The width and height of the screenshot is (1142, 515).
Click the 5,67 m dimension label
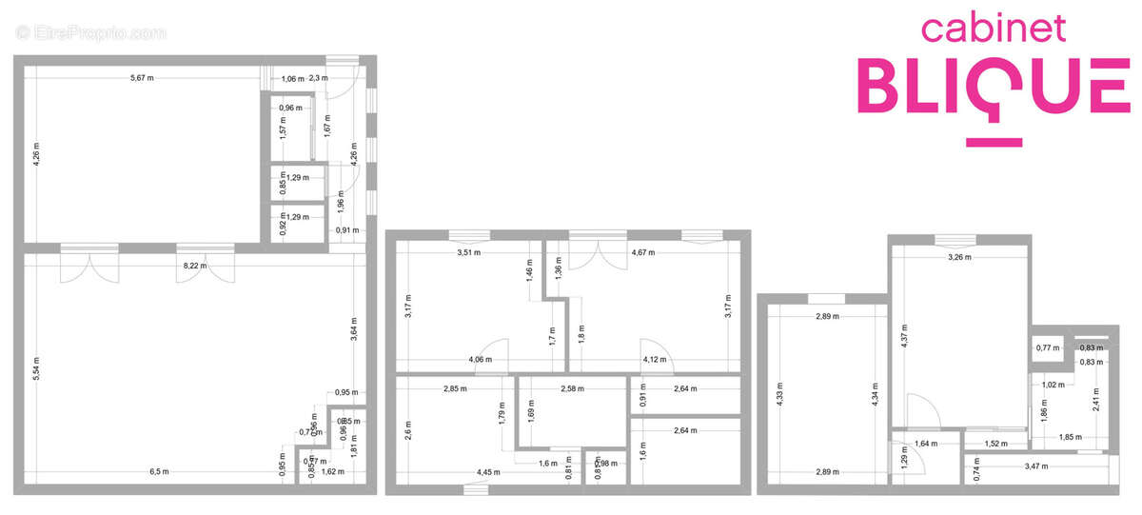(142, 78)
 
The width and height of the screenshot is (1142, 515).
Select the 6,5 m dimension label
(159, 471)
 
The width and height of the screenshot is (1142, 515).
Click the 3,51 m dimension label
(468, 253)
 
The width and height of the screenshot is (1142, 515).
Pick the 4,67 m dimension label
(644, 253)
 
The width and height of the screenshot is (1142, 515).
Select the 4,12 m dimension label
(656, 360)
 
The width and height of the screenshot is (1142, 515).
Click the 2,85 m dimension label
(456, 388)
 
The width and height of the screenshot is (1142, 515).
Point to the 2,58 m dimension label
(573, 388)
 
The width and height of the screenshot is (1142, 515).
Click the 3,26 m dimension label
(960, 257)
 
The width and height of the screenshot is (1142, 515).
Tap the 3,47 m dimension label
(1036, 465)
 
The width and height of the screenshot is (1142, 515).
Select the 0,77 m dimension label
(1047, 347)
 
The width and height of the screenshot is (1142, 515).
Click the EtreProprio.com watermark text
(91, 33)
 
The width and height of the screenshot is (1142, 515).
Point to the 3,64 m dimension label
(353, 329)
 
